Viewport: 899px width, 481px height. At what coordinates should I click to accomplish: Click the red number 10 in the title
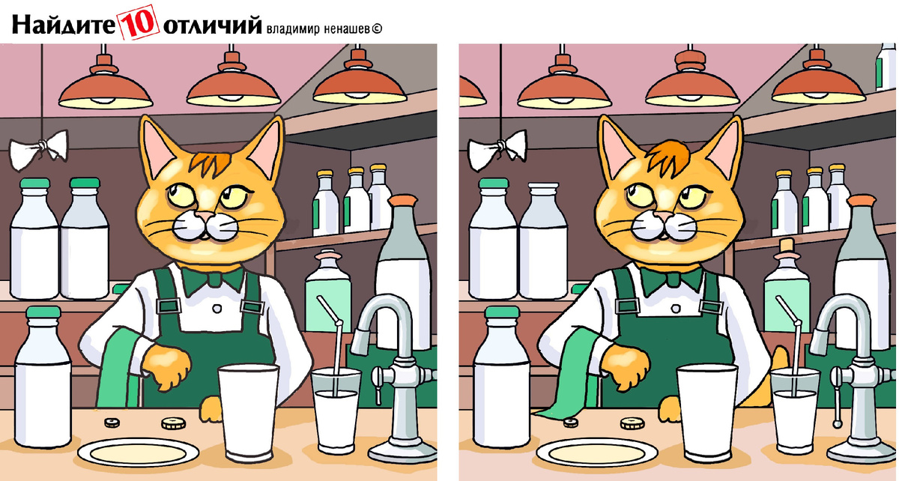[x=139, y=22]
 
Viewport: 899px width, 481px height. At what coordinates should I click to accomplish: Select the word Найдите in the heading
[x=64, y=25]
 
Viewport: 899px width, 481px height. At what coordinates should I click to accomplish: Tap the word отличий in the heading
[x=212, y=25]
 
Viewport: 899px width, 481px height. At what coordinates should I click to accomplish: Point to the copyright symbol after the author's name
[x=377, y=29]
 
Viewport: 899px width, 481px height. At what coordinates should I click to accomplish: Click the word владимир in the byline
[x=293, y=29]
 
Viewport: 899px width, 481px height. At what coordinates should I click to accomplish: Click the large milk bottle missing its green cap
[x=544, y=241]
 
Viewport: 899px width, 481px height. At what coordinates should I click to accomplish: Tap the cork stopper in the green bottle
[x=787, y=246]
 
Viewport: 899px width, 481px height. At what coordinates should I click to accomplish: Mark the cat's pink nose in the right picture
[x=664, y=217]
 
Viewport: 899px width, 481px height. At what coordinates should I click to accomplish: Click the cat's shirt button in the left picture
[x=217, y=309]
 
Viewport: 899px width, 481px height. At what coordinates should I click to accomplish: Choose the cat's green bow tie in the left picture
[x=213, y=279]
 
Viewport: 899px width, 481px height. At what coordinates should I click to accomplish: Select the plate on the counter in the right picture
[x=597, y=452]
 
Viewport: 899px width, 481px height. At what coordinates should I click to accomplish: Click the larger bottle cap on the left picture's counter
[x=173, y=423]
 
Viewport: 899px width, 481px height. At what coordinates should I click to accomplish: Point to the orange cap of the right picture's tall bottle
[x=862, y=200]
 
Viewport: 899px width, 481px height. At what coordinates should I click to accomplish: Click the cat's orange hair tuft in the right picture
[x=669, y=156]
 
